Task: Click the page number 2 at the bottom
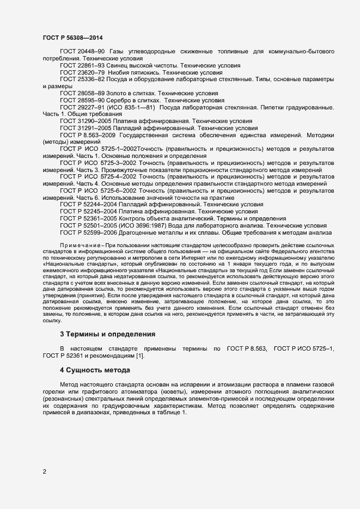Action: tap(45, 471)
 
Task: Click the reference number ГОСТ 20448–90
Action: tap(83, 51)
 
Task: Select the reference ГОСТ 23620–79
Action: tap(83, 72)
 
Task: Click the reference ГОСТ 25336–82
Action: tap(83, 79)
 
